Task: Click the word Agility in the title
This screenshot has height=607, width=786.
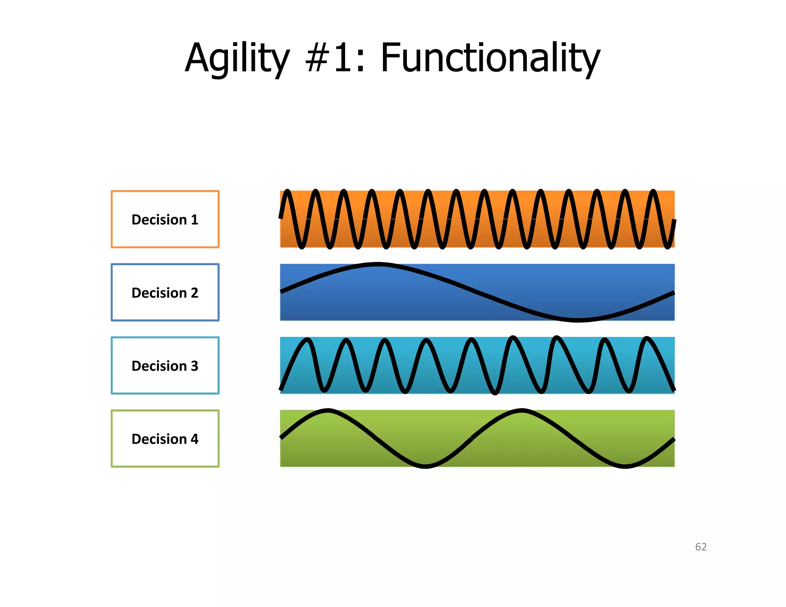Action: coord(237,58)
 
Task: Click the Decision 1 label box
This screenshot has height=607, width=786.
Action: coord(165,219)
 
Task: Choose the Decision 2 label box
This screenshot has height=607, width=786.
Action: coord(165,292)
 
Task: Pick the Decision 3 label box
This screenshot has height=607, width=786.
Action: coord(165,365)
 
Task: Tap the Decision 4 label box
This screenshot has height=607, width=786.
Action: coord(165,439)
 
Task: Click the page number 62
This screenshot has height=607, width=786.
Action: coord(701,547)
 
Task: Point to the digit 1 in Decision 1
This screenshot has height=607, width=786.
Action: coord(195,219)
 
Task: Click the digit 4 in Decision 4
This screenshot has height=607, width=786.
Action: coord(195,439)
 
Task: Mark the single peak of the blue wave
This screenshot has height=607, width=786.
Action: coord(378,264)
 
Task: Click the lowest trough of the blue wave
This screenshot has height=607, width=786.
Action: coord(578,320)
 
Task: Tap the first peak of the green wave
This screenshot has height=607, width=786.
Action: coord(328,411)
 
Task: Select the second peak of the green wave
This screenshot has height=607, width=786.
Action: coord(522,411)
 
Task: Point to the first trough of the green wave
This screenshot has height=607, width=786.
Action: coord(426,466)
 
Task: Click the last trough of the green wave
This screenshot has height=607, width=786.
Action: coord(625,466)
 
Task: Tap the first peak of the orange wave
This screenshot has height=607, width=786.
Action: coord(287,191)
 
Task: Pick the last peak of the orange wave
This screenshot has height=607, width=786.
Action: coord(654,191)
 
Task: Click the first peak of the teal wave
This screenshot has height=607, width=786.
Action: coord(307,340)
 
